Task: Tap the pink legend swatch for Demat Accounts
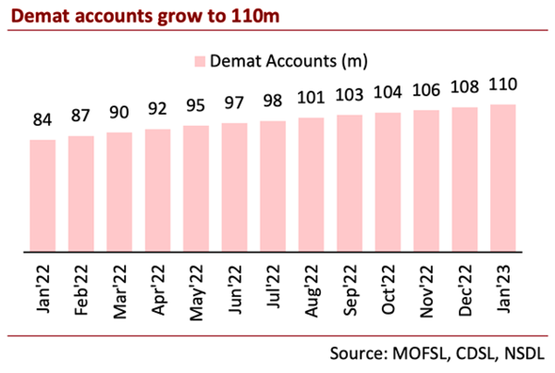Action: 200,61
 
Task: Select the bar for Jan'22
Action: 43,195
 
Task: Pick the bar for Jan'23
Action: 503,178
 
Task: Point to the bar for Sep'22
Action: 350,182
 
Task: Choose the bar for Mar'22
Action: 119,191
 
